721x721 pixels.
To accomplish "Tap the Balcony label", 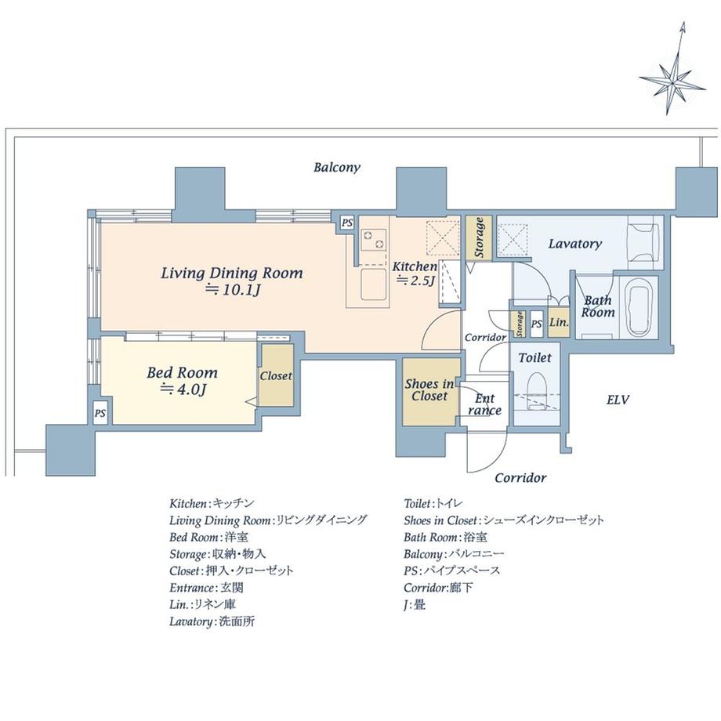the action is tap(336, 168).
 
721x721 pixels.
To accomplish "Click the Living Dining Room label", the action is tap(232, 274).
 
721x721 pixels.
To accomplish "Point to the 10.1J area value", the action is tap(234, 290).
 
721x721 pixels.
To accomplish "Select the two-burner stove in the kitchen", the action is tap(373, 240).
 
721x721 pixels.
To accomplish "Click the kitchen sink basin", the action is tap(373, 284).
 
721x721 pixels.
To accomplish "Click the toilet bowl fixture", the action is tap(535, 391).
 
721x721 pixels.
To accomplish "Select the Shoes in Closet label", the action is tap(429, 390).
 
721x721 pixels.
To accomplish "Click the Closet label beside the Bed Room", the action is tap(276, 376).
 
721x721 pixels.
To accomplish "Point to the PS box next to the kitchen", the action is tap(347, 223).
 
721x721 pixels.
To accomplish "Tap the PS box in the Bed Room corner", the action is tap(100, 413).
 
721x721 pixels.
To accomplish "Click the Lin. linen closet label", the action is tap(559, 322).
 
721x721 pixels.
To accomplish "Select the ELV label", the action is tap(618, 400).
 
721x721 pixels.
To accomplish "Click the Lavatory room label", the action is tap(574, 244).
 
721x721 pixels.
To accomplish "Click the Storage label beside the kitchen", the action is tap(479, 237).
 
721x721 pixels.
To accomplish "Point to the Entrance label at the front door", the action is tap(484, 404).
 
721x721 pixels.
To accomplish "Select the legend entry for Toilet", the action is tap(433, 504).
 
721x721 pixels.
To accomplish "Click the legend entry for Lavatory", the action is tap(212, 621).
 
